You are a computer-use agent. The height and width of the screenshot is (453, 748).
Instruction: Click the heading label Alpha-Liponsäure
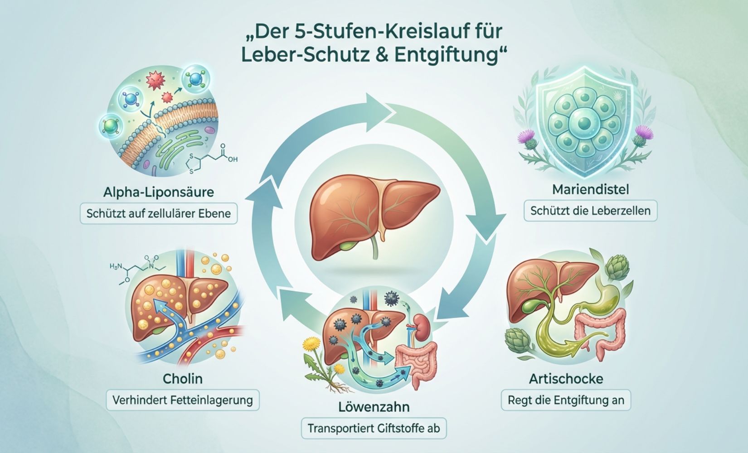158,192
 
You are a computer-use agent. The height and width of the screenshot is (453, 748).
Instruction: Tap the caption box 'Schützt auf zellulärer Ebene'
158,213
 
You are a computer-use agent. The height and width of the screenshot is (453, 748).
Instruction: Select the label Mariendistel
590,189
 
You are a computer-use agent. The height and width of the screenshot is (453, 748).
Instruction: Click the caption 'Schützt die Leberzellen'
590,211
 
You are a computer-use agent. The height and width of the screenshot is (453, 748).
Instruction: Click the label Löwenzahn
374,406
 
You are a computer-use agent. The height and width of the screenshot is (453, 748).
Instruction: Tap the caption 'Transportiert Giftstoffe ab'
374,428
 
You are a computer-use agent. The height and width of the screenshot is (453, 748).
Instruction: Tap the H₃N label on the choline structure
117,267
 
